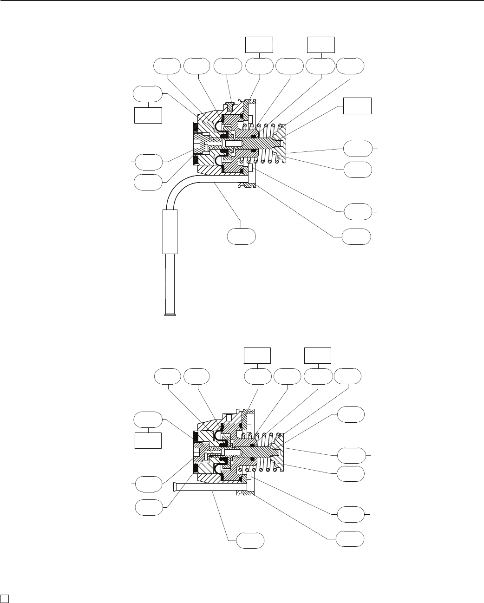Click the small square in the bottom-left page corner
(4, 597)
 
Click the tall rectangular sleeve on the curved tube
(170, 231)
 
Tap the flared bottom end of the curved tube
(171, 315)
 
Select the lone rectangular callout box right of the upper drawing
(357, 106)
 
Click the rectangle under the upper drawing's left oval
(148, 115)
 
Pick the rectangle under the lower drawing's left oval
(148, 440)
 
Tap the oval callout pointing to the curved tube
(241, 236)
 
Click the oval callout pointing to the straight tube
(250, 541)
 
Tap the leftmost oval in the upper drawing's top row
(167, 66)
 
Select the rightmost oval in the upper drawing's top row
(350, 66)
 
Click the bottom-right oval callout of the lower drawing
(350, 539)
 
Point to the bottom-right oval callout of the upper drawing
(356, 236)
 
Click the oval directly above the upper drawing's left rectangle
(148, 94)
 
